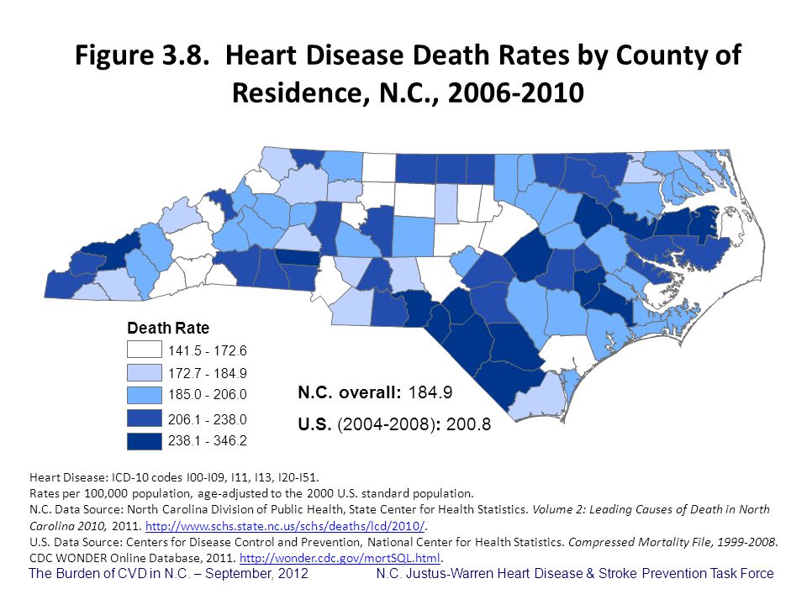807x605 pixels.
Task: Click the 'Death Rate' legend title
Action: coord(168,328)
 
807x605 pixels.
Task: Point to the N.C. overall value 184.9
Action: coord(432,392)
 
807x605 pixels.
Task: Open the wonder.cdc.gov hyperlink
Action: coord(340,558)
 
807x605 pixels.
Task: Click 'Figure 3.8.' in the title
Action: coord(140,57)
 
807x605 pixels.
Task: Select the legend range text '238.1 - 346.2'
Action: coord(208,439)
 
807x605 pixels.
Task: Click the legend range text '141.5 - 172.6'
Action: coord(208,350)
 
